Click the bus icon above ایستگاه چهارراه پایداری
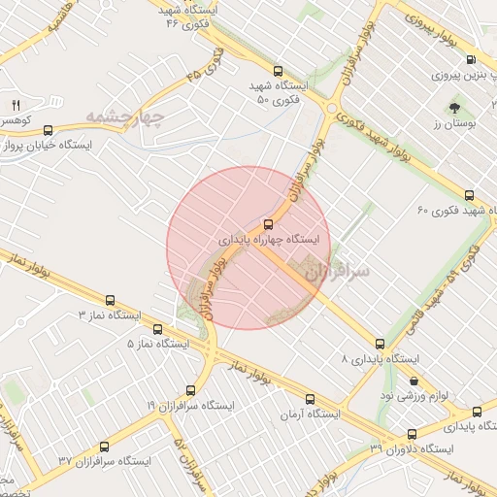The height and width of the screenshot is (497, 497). pos(269,224)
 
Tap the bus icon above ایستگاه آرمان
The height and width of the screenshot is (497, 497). pos(311,399)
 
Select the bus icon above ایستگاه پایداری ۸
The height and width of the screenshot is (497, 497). pos(380,344)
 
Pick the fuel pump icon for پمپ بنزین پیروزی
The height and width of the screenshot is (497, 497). pos(471,60)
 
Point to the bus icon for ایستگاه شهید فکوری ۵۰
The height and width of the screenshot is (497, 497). pos(279,71)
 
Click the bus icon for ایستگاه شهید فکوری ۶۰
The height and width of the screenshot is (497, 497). pos(471,195)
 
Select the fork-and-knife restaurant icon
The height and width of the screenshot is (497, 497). pos(16,105)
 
